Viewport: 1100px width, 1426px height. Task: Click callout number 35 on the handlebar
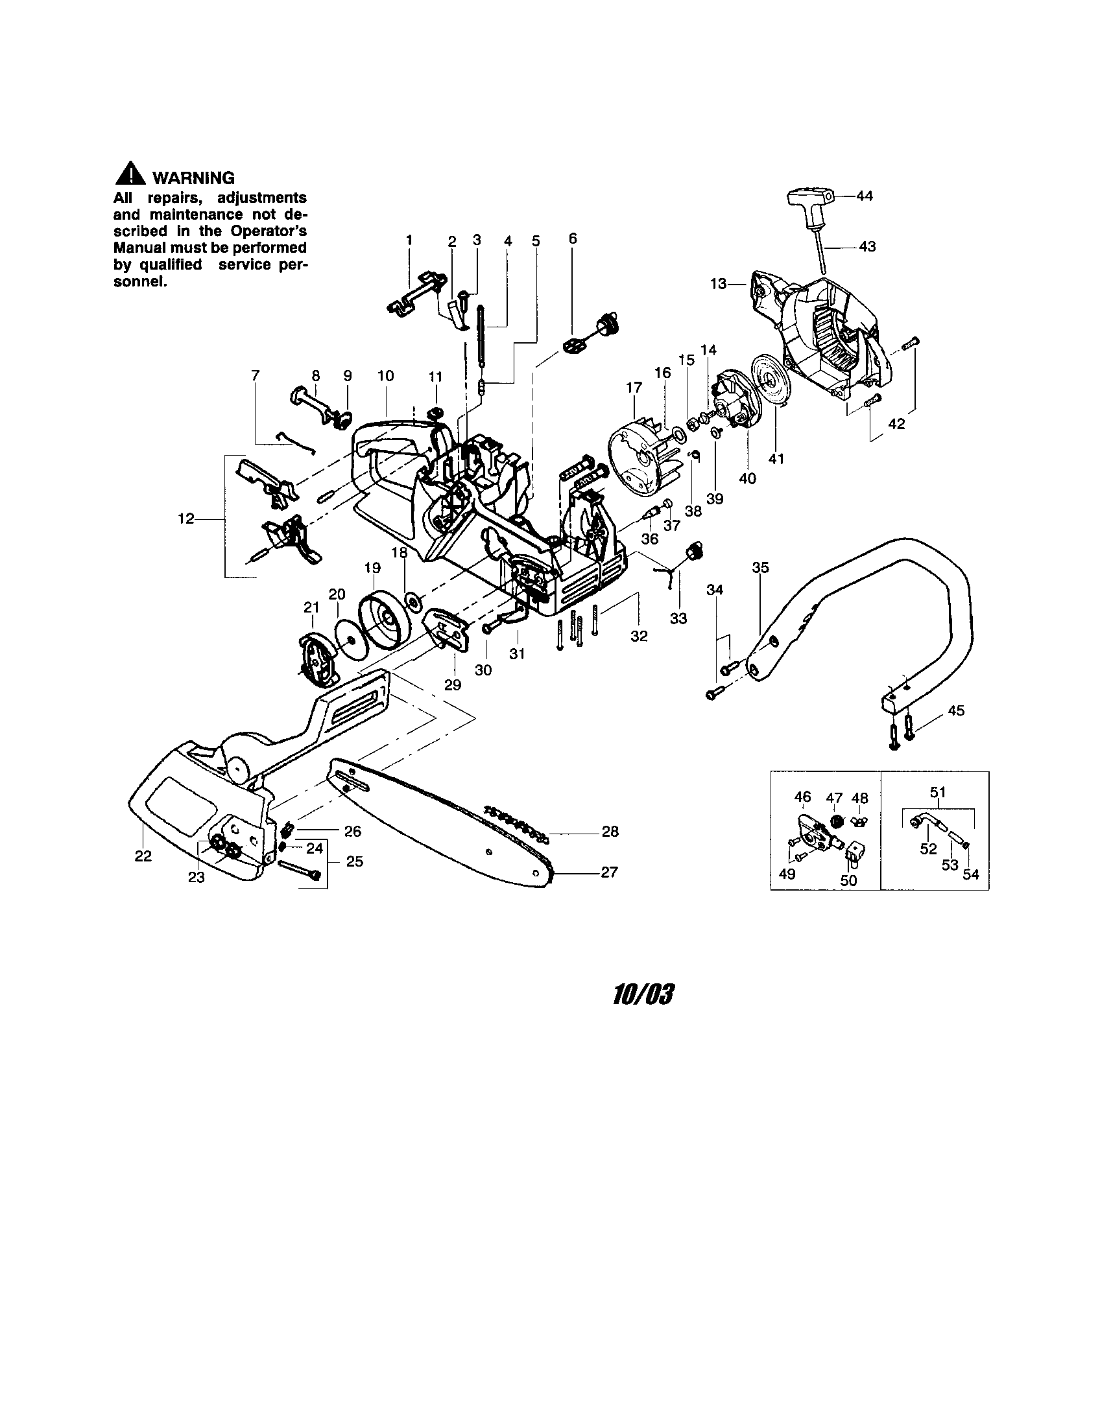pyautogui.click(x=760, y=567)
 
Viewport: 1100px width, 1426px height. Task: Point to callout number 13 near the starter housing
pyautogui.click(x=718, y=284)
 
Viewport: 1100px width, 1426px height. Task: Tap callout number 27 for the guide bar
pyautogui.click(x=609, y=872)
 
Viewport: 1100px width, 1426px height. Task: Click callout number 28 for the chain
pyautogui.click(x=610, y=831)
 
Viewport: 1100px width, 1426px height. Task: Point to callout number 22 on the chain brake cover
pyautogui.click(x=143, y=856)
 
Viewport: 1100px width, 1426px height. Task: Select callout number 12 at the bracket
pyautogui.click(x=185, y=519)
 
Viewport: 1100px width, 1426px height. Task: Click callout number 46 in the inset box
pyautogui.click(x=802, y=797)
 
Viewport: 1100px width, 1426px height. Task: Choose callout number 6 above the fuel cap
pyautogui.click(x=573, y=239)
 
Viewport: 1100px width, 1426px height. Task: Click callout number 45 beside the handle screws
pyautogui.click(x=955, y=710)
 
